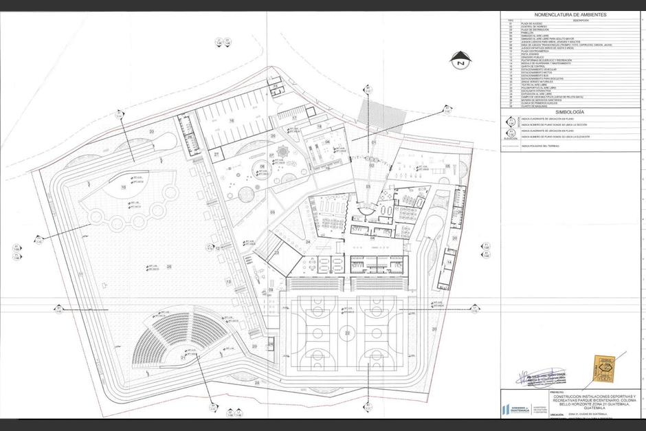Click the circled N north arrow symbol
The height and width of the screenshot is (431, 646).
point(459,63)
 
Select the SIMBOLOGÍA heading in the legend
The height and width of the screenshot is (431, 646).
point(570,111)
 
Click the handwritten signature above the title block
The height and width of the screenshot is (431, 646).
point(542,376)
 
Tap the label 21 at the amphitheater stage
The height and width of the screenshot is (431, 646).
point(183,357)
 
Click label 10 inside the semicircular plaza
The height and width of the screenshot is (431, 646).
point(124,186)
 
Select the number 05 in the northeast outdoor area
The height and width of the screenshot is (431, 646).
point(447,166)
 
